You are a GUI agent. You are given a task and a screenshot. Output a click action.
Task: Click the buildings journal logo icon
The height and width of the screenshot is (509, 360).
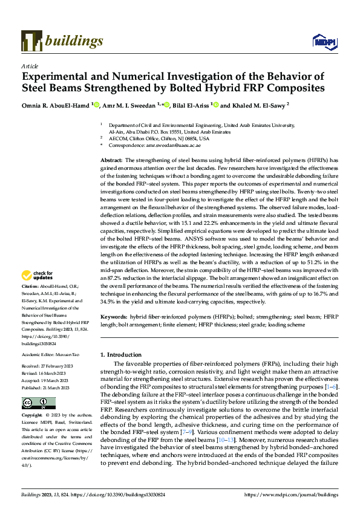[31, 40]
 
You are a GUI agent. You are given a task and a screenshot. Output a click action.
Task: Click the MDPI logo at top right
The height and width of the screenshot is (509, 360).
[322, 41]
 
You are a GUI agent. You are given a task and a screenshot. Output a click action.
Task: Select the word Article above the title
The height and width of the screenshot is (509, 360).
[29, 66]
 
